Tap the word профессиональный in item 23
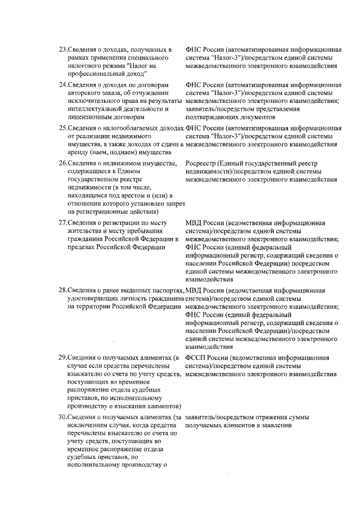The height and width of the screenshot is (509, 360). pos(97,73)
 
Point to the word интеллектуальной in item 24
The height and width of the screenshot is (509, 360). pos(97,109)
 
